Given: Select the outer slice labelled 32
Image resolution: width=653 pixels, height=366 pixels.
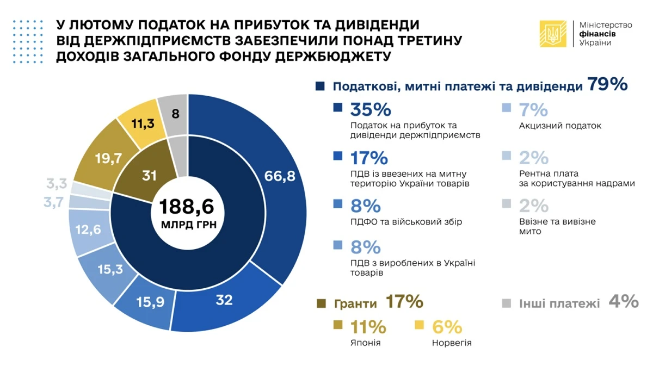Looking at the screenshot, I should [224, 300].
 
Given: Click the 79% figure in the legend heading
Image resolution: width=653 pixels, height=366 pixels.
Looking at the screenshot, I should [607, 85].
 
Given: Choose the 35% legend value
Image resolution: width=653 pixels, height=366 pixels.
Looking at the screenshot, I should [371, 110].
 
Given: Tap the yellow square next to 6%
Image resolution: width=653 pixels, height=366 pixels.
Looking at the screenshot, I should [419, 325].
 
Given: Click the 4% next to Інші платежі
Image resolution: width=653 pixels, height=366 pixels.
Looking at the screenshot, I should [623, 302].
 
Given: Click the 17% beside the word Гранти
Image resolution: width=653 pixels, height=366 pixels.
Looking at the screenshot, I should [404, 301].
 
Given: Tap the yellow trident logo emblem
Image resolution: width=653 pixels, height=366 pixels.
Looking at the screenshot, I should [553, 34].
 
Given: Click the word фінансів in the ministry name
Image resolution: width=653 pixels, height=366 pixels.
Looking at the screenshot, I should [598, 34].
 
